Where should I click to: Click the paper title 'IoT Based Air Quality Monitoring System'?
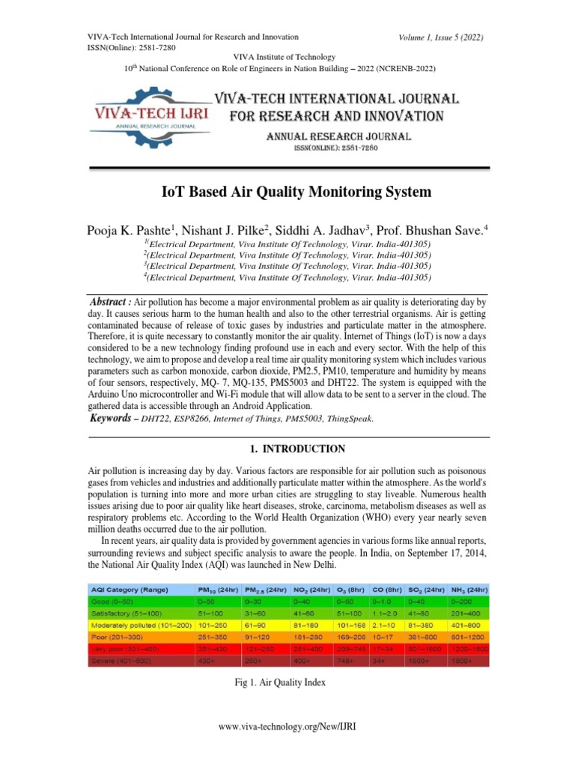click(x=296, y=192)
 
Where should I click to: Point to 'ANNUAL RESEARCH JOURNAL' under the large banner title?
click(x=335, y=136)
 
